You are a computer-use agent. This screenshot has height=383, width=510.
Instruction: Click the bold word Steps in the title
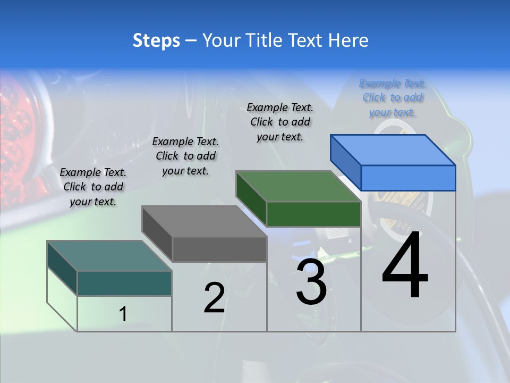[x=156, y=40]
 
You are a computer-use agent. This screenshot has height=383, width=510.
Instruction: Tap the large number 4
[x=405, y=267]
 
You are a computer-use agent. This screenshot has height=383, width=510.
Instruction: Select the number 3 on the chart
[x=311, y=282]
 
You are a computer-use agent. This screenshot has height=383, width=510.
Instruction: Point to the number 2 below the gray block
[x=214, y=298]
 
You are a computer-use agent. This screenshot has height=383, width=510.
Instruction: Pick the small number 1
[x=123, y=314]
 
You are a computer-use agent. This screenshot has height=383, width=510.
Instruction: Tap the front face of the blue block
[x=408, y=178]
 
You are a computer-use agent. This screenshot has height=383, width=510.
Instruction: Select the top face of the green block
[x=298, y=186]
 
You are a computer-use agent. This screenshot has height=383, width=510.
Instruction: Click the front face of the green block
[x=313, y=214]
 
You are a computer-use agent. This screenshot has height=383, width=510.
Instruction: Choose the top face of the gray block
[x=204, y=221]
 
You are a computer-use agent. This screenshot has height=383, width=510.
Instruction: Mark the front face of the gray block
[x=219, y=249]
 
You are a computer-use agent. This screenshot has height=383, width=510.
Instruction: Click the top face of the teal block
[x=109, y=256]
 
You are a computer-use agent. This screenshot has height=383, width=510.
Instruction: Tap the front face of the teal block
[x=124, y=283]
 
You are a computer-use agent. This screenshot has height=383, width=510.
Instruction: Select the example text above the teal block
[x=93, y=187]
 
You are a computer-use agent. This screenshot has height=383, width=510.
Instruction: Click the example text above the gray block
[x=185, y=156]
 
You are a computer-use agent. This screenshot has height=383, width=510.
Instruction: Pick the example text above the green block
[x=280, y=122]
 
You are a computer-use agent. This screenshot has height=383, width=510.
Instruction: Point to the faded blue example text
[x=392, y=97]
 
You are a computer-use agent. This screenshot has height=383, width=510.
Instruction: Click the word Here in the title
[x=348, y=40]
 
